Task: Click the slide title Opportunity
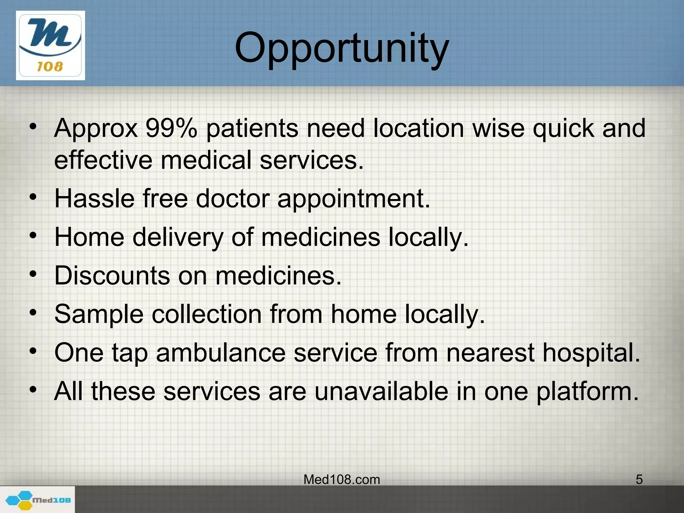click(x=342, y=48)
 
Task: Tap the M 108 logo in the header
click(x=50, y=45)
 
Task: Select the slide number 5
click(x=639, y=480)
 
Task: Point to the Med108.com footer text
click(x=342, y=480)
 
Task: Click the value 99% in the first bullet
click(x=171, y=128)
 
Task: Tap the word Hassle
click(x=95, y=198)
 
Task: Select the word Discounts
click(x=112, y=276)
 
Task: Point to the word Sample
click(x=99, y=315)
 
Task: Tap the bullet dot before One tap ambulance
click(x=32, y=351)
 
